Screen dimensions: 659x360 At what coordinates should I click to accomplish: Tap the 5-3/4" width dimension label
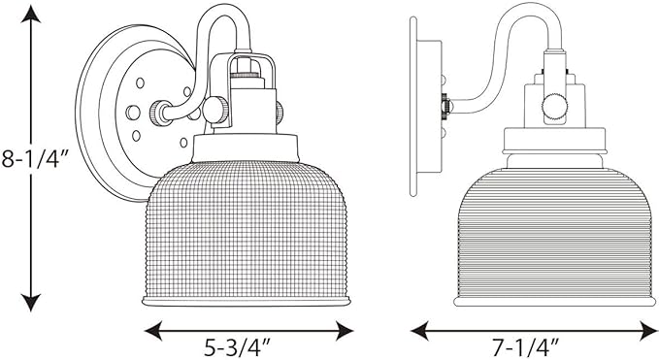pyautogui.click(x=237, y=347)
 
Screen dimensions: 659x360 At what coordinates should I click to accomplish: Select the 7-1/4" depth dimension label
pyautogui.click(x=527, y=347)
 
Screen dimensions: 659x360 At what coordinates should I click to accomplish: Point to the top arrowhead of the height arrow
pyautogui.click(x=31, y=14)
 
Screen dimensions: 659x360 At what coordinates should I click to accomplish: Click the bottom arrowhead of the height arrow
pyautogui.click(x=31, y=303)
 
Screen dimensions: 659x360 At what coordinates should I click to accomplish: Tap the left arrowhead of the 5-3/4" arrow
pyautogui.click(x=153, y=331)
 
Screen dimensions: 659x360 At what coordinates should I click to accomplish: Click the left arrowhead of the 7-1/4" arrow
pyautogui.click(x=419, y=331)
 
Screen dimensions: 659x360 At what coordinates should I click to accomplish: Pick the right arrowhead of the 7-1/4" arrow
pyautogui.click(x=649, y=331)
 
